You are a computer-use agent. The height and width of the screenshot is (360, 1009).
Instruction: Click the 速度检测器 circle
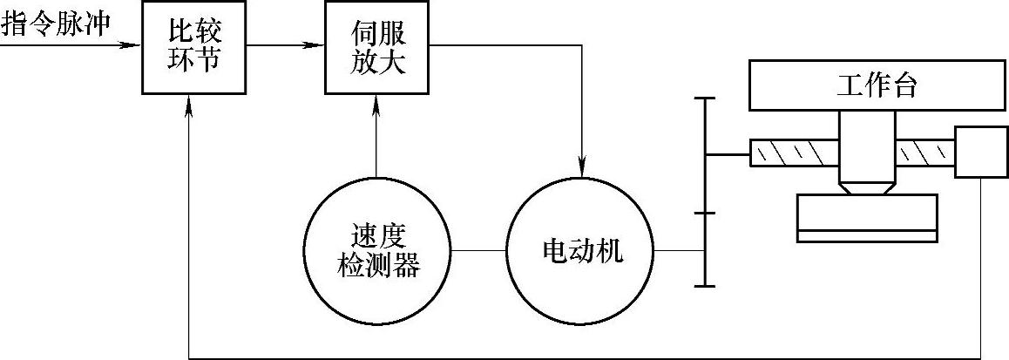pyautogui.click(x=376, y=252)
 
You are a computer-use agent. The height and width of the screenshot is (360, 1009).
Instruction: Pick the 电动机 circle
pyautogui.click(x=581, y=252)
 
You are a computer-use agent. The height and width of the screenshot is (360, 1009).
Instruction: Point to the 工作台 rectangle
pyautogui.click(x=877, y=87)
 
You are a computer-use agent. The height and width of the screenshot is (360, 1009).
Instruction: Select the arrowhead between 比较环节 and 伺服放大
pyautogui.click(x=317, y=44)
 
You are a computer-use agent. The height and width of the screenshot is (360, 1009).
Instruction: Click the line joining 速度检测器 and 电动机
pyautogui.click(x=478, y=252)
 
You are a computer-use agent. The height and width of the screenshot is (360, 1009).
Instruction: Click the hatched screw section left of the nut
pyautogui.click(x=795, y=153)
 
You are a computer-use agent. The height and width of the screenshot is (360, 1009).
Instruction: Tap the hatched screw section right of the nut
pyautogui.click(x=925, y=153)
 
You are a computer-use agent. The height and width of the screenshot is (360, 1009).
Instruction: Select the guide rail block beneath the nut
pyautogui.click(x=867, y=218)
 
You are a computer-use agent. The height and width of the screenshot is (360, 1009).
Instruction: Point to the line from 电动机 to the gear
pyautogui.click(x=682, y=252)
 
